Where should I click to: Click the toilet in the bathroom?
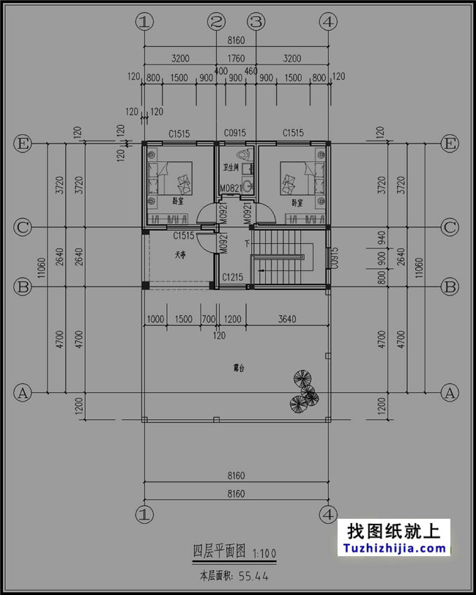pos(245,155)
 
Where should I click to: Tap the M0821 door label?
pos(231,189)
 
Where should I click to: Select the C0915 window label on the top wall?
pos(234,133)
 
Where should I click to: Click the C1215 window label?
pos(233,278)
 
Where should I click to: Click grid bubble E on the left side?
pos(23,143)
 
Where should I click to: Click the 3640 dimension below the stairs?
pos(287,319)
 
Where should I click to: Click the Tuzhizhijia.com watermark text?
pos(393,547)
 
